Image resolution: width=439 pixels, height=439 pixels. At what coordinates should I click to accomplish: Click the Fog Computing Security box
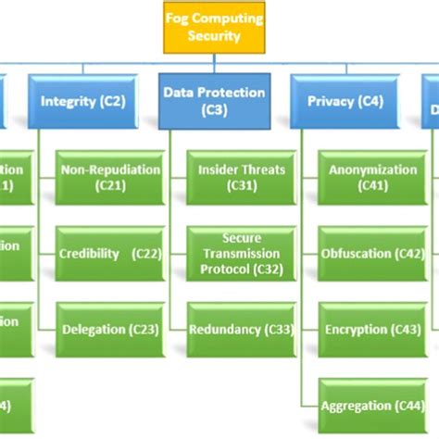(215, 27)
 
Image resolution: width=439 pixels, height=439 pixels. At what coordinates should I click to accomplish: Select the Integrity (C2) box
(82, 102)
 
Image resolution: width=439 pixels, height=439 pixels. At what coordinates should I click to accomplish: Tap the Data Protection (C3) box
(215, 101)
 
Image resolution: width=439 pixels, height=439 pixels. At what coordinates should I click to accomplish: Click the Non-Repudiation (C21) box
(109, 178)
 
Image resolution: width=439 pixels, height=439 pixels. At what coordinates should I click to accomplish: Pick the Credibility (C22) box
(109, 254)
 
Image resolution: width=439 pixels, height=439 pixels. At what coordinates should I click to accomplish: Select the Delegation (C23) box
(109, 329)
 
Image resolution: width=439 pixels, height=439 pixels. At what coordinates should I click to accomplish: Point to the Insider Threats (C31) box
(241, 178)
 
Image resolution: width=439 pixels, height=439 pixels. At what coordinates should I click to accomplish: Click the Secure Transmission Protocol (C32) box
(241, 254)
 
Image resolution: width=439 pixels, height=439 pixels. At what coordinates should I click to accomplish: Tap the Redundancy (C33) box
(241, 329)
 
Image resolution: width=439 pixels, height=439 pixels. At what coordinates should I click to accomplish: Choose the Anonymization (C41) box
(372, 178)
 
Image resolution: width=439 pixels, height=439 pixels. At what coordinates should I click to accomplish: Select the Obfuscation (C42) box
(372, 254)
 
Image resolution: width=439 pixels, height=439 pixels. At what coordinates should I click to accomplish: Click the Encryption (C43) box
(372, 329)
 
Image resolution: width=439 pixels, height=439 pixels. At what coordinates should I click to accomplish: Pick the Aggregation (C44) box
(372, 405)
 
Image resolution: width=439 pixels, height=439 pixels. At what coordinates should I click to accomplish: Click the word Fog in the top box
(175, 19)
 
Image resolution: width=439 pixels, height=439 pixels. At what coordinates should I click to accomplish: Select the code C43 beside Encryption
(408, 329)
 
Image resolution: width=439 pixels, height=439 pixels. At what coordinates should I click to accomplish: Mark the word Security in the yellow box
(215, 36)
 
